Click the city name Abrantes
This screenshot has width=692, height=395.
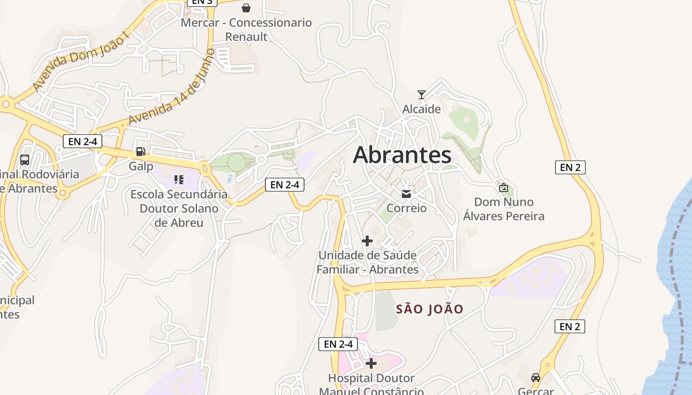[402, 155]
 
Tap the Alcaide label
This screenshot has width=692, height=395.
[421, 109]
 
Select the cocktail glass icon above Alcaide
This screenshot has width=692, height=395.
[422, 94]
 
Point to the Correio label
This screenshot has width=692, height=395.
[406, 208]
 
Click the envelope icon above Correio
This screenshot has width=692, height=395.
[406, 194]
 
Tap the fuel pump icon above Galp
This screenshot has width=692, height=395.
[141, 152]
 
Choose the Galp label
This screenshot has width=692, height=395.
[141, 166]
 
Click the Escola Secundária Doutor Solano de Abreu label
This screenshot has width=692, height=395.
[179, 208]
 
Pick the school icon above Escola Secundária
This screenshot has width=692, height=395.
[179, 180]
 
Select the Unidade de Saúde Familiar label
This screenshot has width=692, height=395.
[367, 262]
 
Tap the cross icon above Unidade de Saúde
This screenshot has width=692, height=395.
[367, 241]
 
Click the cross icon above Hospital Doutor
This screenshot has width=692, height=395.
[371, 364]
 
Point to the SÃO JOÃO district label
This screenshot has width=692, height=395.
[430, 309]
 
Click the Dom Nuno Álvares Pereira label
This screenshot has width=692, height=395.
[504, 209]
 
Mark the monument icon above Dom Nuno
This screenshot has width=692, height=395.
[504, 188]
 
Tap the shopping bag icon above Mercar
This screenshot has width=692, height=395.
[246, 8]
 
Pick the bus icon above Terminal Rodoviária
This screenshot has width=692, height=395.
[25, 160]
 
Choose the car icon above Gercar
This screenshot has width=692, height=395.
[535, 378]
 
